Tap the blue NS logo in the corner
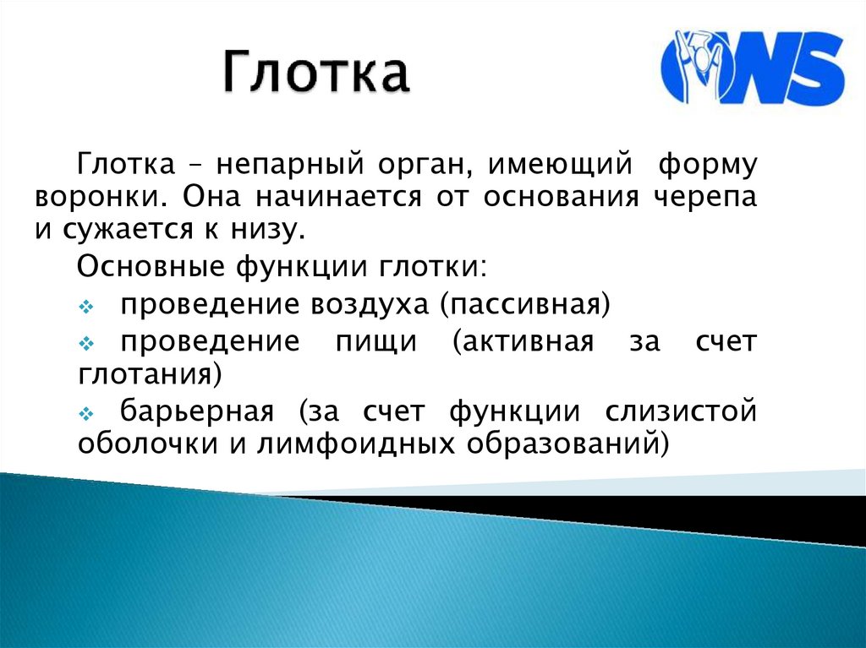pos(752,68)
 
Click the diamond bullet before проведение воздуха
pos(88,305)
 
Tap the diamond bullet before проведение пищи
pos(88,343)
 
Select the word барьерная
pos(196,412)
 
